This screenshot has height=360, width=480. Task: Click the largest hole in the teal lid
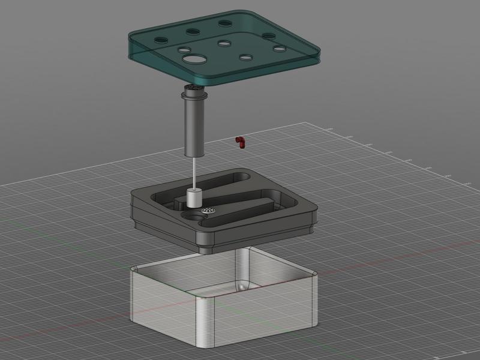(194, 59)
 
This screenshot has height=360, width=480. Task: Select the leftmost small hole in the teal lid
(161, 40)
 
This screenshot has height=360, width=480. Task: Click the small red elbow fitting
(241, 142)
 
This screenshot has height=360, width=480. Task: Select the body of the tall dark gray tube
(194, 126)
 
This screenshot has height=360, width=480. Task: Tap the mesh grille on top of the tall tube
(194, 88)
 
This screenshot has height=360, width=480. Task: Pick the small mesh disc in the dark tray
(208, 211)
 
